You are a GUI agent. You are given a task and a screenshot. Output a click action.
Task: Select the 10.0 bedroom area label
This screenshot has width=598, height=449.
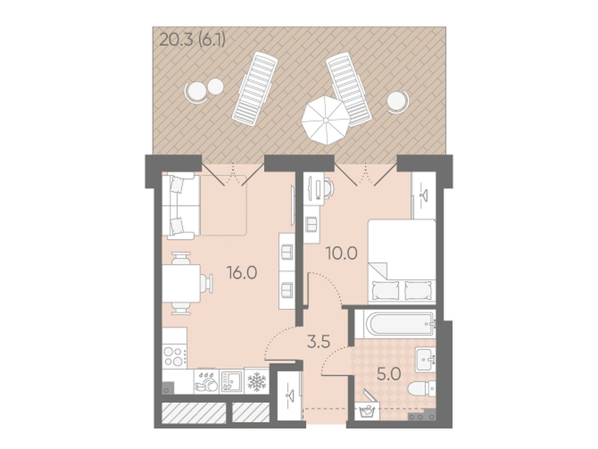tap(342, 254)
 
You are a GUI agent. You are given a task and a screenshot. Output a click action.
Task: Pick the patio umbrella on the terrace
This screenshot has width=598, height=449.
tap(325, 120)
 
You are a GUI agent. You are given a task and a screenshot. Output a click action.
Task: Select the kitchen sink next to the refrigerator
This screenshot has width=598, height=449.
tap(231, 381)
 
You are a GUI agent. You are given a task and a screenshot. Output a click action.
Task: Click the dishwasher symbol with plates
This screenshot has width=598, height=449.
tap(206, 381)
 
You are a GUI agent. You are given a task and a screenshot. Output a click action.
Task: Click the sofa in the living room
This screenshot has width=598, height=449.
tap(181, 206)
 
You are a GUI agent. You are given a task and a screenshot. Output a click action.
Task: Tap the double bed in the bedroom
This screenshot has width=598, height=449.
tap(402, 261)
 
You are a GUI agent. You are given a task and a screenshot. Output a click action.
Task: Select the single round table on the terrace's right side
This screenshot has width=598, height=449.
tap(397, 101)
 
